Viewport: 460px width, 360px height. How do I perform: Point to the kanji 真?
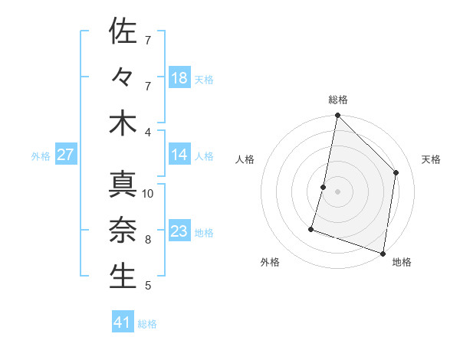(123, 184)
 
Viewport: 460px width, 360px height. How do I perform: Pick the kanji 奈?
(123, 230)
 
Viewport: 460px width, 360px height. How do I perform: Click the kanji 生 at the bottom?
(123, 276)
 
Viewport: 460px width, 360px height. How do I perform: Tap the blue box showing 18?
(179, 78)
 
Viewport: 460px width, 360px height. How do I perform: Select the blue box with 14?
(179, 155)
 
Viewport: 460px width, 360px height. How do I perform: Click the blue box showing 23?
(179, 231)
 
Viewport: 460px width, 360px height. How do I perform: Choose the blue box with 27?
(66, 155)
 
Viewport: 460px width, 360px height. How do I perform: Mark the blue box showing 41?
(123, 322)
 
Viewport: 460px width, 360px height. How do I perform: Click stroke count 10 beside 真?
(148, 193)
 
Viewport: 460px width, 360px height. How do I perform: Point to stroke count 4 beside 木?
(148, 132)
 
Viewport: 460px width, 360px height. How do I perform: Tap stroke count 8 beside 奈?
(148, 239)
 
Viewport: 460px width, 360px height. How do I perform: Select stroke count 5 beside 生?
(148, 286)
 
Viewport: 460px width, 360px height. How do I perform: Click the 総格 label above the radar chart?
(337, 100)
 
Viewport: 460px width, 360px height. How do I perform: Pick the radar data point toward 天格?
(396, 172)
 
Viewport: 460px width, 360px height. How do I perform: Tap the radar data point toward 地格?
(383, 253)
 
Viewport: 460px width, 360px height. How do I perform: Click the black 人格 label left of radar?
(245, 159)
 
